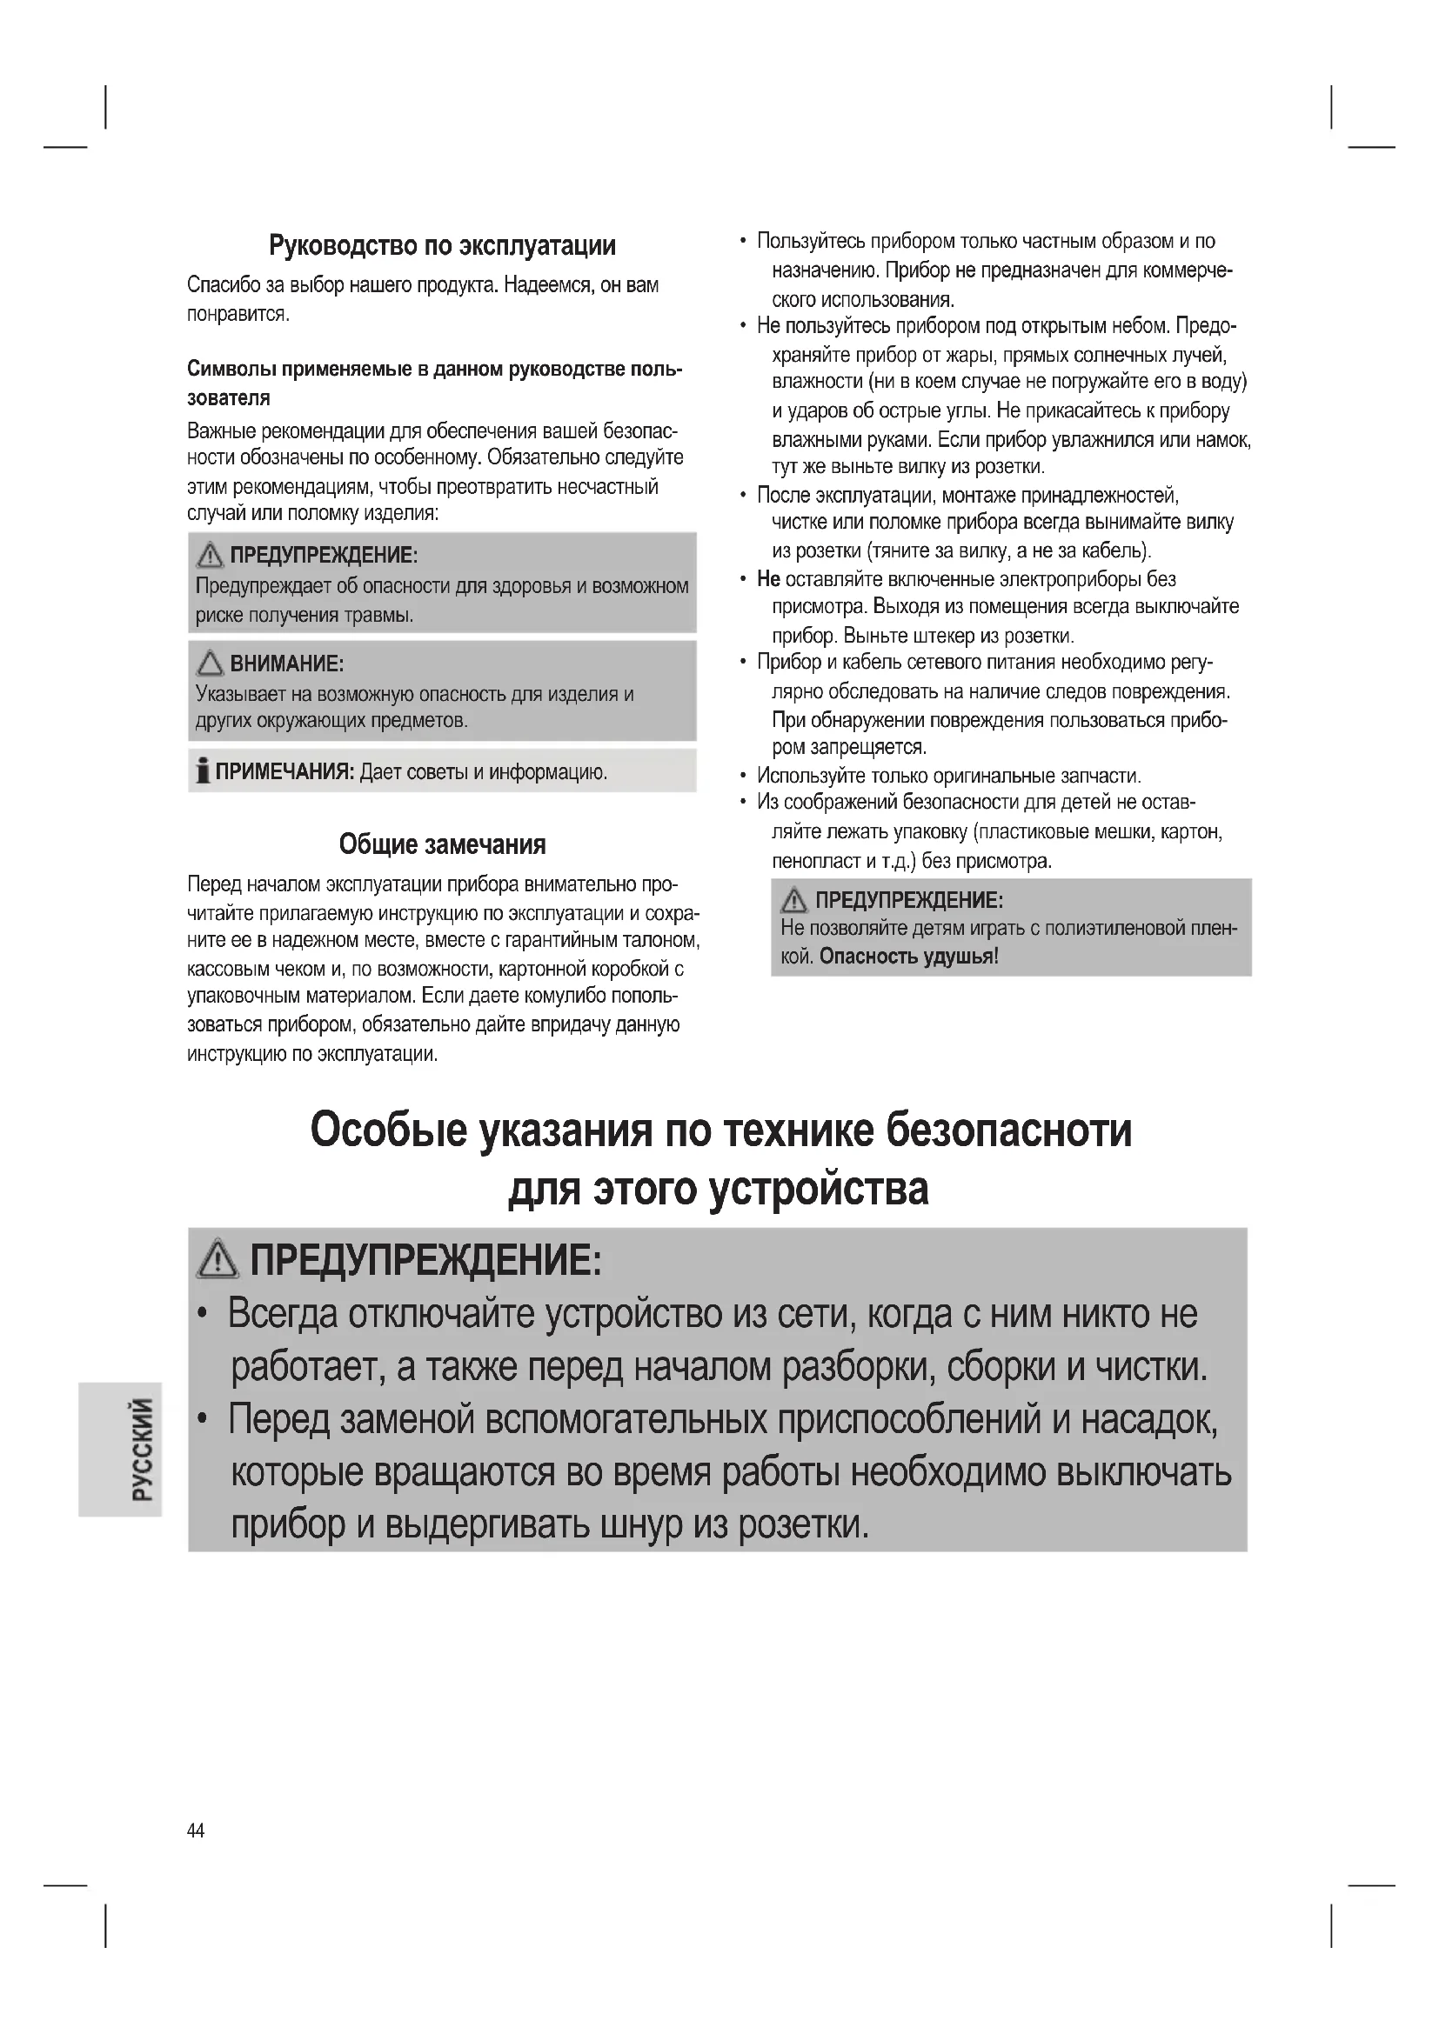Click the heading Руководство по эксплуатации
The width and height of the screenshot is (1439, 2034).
442,245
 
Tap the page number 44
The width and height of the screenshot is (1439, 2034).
196,1831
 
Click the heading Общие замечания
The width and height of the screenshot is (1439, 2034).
442,844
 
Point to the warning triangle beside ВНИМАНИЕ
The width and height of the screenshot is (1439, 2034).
210,663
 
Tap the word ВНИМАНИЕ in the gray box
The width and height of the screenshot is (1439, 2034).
287,664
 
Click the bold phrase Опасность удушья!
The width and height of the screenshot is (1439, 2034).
909,957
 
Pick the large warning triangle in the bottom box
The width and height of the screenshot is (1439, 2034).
218,1260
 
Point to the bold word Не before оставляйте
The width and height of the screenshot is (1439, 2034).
768,579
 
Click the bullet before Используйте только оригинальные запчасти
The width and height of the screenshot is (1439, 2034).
743,776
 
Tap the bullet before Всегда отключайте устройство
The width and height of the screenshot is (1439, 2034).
204,1314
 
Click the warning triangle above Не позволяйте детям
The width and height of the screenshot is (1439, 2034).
794,900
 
